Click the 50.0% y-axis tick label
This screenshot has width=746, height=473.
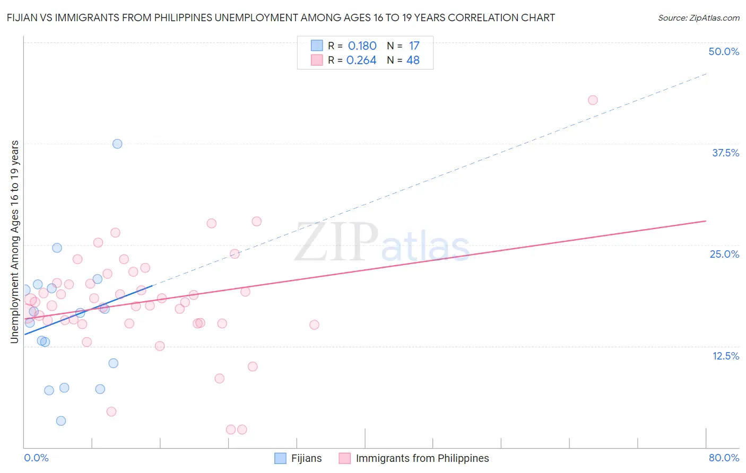[x=724, y=51]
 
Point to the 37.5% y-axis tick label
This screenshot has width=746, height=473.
[x=725, y=153]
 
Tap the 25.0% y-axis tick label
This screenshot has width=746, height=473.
[x=724, y=254]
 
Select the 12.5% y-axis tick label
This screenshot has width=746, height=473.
[x=725, y=356]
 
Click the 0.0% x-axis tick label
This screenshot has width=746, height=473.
[x=36, y=458]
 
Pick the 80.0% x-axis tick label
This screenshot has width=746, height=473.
[x=724, y=458]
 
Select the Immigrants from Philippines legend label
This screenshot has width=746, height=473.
[x=422, y=458]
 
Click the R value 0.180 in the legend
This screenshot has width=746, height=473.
[x=362, y=46]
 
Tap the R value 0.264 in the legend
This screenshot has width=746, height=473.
[x=361, y=60]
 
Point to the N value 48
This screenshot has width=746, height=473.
[x=413, y=60]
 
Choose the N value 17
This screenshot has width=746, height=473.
[x=414, y=46]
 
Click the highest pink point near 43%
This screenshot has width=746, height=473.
[x=593, y=100]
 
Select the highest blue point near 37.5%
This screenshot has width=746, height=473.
[x=117, y=144]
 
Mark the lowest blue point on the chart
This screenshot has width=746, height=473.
[x=61, y=421]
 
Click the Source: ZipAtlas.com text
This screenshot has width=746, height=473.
[x=698, y=18]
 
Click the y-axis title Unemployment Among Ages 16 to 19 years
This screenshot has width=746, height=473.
[x=15, y=241]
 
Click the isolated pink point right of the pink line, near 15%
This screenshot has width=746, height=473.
[x=314, y=325]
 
